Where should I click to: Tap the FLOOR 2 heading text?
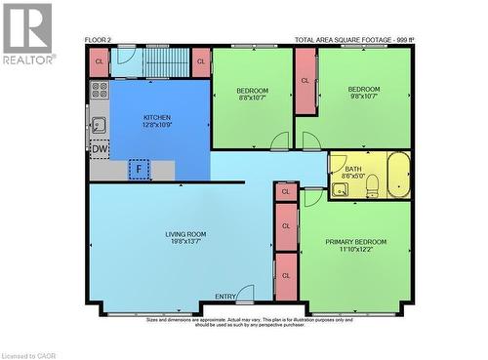coord(99,40)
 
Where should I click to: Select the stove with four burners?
coord(99,91)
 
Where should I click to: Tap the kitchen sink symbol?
coord(99,125)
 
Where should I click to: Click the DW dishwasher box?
coord(100,148)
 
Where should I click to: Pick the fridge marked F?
coord(140,170)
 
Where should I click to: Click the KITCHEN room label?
coord(157,115)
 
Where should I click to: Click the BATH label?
coord(353,169)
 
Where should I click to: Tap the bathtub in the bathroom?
coord(398,175)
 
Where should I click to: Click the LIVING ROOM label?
coord(184,234)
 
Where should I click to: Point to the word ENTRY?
coord(225,297)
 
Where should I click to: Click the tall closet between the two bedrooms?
coord(305,81)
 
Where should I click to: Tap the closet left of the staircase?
coord(99,61)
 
